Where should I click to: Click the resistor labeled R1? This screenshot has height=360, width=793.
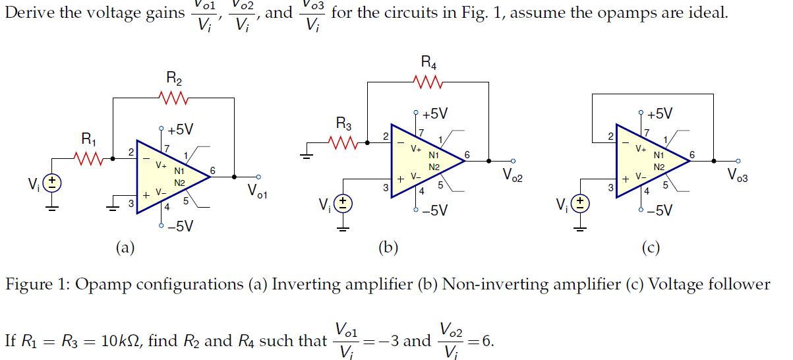[x=88, y=158]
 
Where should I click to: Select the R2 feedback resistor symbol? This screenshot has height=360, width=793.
[x=174, y=98]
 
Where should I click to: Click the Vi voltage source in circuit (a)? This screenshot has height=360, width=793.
[x=53, y=183]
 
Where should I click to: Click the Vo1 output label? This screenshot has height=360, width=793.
[x=257, y=191]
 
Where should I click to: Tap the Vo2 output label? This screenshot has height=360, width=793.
[x=512, y=175]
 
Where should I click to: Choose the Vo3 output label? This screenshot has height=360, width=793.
[x=738, y=175]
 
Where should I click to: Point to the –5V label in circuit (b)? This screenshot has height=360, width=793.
[x=434, y=210]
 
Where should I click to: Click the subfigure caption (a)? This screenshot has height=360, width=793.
[x=125, y=248]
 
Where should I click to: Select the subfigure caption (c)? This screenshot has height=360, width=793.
[x=650, y=248]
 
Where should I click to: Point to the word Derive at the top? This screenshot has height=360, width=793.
[x=26, y=13]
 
